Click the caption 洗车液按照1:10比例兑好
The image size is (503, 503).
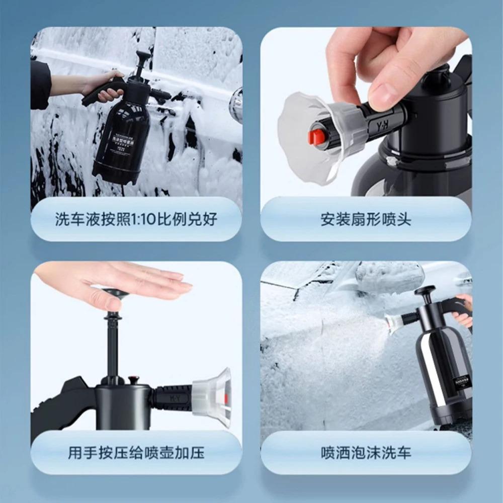[x=136, y=220]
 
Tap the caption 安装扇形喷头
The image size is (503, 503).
[x=366, y=220]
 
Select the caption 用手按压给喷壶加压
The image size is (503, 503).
[x=136, y=453]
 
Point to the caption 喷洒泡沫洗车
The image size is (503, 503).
[x=366, y=453]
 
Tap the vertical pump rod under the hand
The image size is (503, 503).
[x=112, y=342]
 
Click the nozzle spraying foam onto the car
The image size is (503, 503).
[x=393, y=322]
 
